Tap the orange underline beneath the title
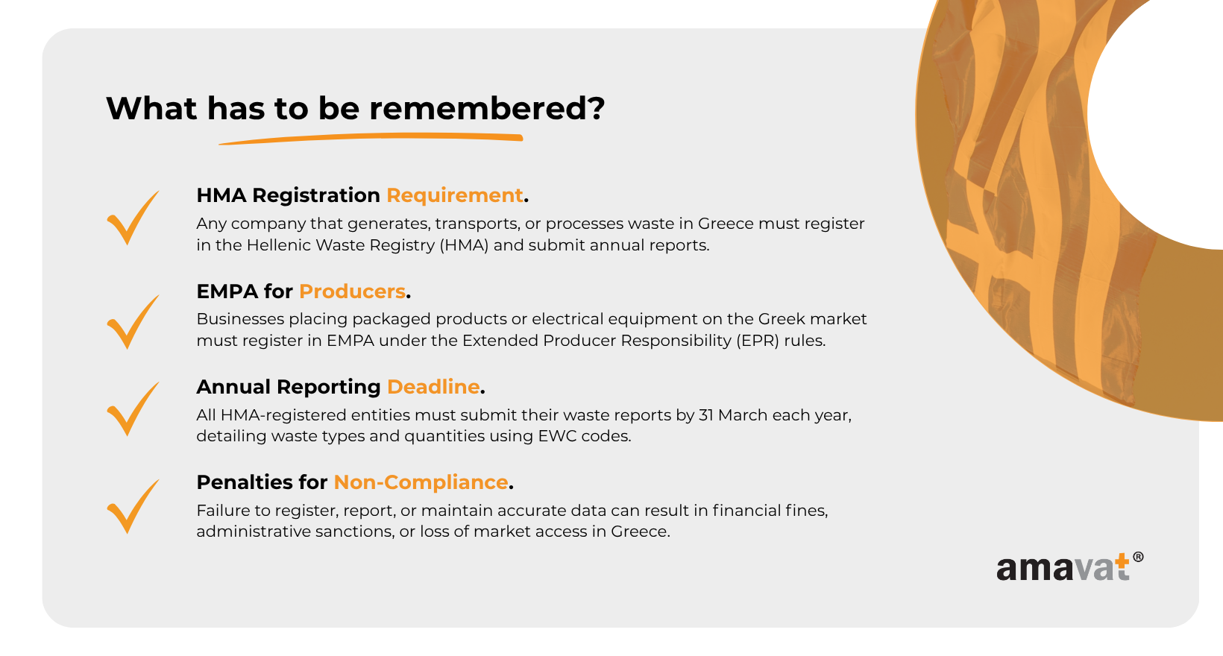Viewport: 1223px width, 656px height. pyautogui.click(x=371, y=139)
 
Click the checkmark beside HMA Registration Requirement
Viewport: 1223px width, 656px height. pyautogui.click(x=133, y=218)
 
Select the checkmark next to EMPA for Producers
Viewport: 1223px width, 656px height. pyautogui.click(x=133, y=322)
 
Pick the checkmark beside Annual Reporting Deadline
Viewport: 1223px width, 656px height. pyautogui.click(x=133, y=409)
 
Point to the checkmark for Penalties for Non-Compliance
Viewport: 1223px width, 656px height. pyautogui.click(x=133, y=506)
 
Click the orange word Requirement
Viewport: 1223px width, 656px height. pyautogui.click(x=455, y=196)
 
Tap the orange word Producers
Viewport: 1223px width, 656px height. pyautogui.click(x=352, y=291)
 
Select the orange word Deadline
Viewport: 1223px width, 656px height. pyautogui.click(x=433, y=387)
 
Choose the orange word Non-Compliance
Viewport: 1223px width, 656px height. pyautogui.click(x=421, y=482)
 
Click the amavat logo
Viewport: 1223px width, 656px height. pyautogui.click(x=1069, y=567)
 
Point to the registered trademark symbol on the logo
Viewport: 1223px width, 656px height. pyautogui.click(x=1138, y=557)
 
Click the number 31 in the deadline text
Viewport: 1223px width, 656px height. pyautogui.click(x=706, y=415)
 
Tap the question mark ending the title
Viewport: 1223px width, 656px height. pyautogui.click(x=597, y=108)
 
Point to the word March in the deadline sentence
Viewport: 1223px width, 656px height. pyautogui.click(x=743, y=415)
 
